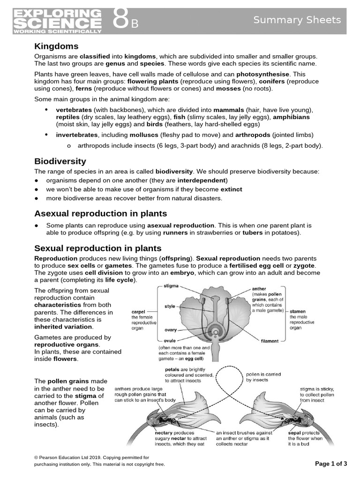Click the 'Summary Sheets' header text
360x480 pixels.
click(x=297, y=20)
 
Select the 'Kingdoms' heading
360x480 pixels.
click(x=56, y=46)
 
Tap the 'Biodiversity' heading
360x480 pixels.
click(x=60, y=161)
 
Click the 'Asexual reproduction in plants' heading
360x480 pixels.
click(x=100, y=213)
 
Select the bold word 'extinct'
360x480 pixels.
click(x=232, y=189)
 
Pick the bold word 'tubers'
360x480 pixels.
click(x=252, y=232)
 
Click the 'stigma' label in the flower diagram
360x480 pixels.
click(x=171, y=285)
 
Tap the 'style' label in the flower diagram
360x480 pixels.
click(x=170, y=307)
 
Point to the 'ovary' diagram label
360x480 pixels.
click(x=170, y=330)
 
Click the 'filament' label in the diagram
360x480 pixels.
click(x=270, y=341)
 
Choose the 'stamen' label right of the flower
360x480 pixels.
click(x=298, y=311)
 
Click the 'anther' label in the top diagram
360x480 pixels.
click(x=259, y=289)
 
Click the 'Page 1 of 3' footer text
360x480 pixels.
click(x=331, y=464)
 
